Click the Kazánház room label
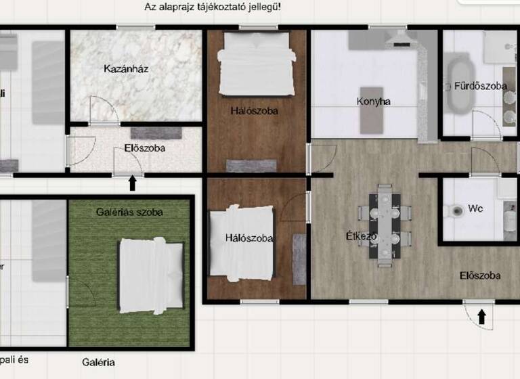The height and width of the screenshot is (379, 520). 127,68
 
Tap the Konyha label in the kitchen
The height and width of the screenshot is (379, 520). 374,102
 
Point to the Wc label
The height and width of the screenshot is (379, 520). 477,210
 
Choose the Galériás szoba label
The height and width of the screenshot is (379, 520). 129,212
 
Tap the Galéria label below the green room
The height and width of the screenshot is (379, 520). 99,362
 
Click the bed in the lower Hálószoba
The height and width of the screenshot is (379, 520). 241,244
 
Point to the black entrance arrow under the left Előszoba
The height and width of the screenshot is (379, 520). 132,183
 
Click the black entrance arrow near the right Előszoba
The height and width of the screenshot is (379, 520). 481,317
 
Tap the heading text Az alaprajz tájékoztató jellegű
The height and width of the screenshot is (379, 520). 213,7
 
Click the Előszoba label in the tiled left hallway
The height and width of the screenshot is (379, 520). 145,148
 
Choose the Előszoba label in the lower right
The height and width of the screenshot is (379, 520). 480,275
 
